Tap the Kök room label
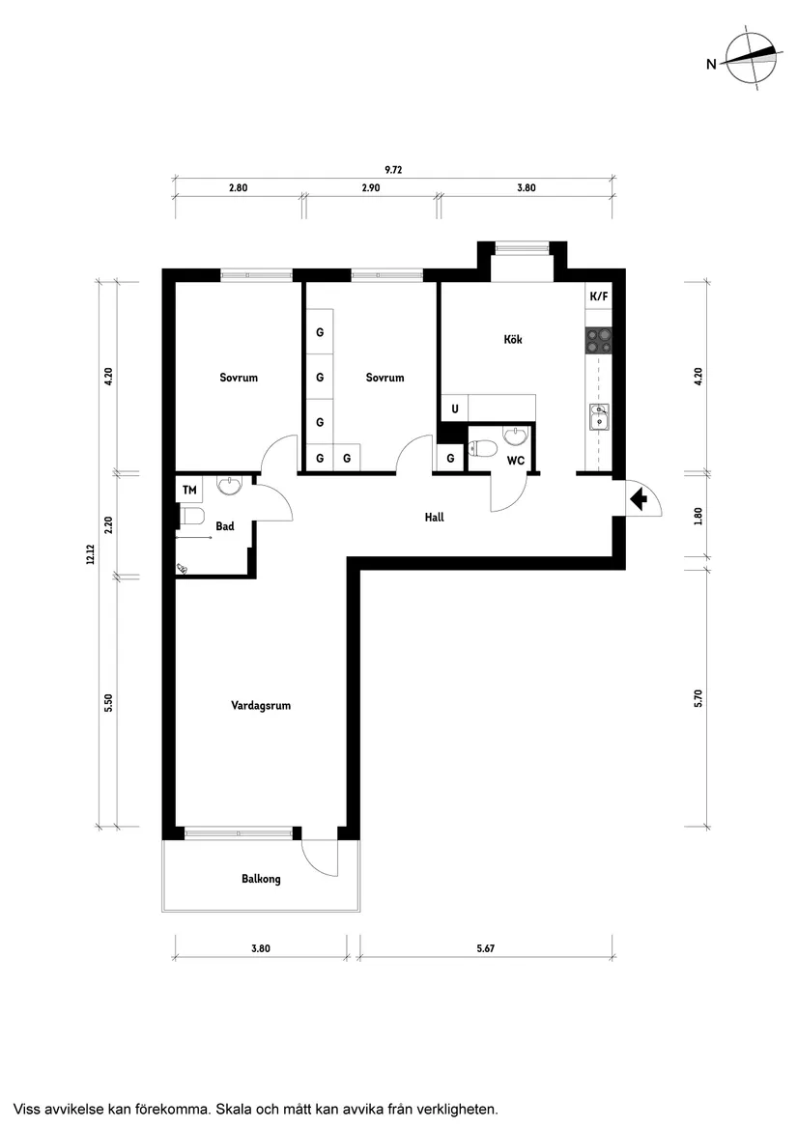point(512,340)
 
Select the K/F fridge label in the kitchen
point(599,296)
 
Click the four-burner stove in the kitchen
point(599,339)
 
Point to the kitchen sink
point(599,416)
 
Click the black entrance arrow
point(638,499)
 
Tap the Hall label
point(434,518)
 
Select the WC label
point(516,461)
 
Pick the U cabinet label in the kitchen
point(454,409)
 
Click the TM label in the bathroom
point(189,490)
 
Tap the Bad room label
point(225,527)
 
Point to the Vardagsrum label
point(261,706)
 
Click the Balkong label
point(261,880)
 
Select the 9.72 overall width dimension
point(393,170)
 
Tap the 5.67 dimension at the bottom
point(485,949)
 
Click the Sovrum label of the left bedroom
point(239,378)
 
